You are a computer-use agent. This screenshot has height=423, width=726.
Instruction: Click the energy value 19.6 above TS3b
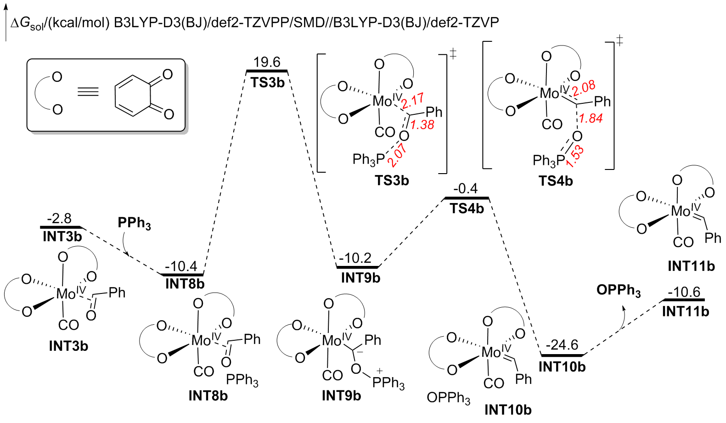point(267,62)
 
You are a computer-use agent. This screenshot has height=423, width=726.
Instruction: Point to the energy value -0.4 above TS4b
point(465,189)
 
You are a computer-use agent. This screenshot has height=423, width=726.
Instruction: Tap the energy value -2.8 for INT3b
point(59,218)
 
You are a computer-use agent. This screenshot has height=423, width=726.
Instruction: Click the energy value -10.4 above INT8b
point(181,266)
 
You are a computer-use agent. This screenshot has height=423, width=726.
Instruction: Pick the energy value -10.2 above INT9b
point(355,258)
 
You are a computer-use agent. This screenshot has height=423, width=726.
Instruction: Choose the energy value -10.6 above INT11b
point(684,292)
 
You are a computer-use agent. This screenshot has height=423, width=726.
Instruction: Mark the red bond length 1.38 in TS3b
point(422,125)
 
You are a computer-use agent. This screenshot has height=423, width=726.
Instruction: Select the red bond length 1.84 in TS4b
point(591,118)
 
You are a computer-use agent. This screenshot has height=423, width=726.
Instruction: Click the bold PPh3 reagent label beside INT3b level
point(134,223)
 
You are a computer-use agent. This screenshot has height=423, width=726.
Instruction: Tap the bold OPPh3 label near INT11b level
point(619,291)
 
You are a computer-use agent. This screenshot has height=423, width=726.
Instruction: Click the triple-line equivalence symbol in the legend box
point(88,92)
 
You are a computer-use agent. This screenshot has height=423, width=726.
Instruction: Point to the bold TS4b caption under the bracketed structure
point(556,181)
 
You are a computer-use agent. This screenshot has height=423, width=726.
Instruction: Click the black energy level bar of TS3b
point(267,71)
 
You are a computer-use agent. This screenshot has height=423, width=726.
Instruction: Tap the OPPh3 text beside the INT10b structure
point(448,398)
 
